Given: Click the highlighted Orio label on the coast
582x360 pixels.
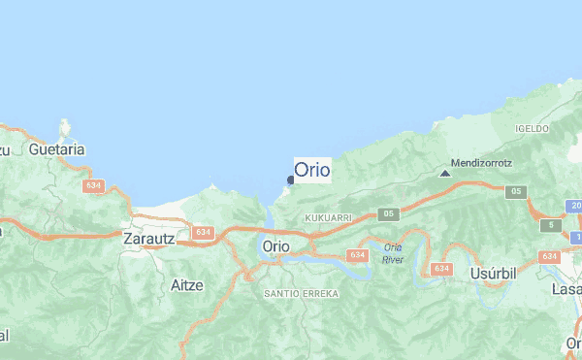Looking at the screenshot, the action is point(312,170).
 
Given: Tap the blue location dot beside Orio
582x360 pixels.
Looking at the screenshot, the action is point(290,180).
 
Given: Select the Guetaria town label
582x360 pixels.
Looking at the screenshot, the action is point(57,149).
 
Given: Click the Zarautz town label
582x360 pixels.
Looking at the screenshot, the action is point(147,237).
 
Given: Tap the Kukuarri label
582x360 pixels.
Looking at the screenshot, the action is point(326,219).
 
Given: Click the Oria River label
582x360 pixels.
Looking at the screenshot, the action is point(393,254).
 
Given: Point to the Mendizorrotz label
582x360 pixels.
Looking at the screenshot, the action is point(482,163).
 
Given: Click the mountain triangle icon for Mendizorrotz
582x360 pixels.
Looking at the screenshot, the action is point(444,174).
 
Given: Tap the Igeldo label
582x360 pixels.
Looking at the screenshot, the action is point(533,128).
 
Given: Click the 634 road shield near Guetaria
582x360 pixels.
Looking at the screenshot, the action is point(94,185).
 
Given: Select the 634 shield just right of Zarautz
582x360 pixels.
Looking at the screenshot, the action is point(202,233).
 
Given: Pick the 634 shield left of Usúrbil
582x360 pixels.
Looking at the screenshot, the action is point(442,268).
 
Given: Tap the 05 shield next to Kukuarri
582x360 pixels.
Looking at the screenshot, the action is point(389,213).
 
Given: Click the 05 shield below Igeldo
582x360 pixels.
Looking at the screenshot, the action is point(513,191).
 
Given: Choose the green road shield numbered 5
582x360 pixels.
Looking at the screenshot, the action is point(552,225).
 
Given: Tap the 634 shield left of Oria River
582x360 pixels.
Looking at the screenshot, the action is point(358,255).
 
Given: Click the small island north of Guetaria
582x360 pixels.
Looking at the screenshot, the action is point(65,127).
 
